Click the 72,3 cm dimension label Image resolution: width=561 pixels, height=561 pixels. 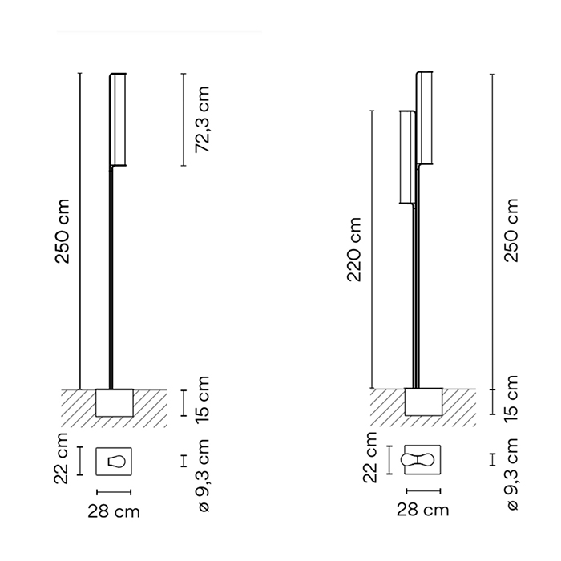pyautogui.click(x=203, y=119)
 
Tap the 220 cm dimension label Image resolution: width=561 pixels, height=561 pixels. pyautogui.click(x=354, y=249)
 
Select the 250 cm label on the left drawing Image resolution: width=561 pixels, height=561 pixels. pyautogui.click(x=62, y=232)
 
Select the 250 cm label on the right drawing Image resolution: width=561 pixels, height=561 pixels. pyautogui.click(x=511, y=230)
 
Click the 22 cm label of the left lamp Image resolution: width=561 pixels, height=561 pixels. pyautogui.click(x=61, y=458)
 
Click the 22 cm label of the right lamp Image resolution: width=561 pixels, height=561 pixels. pyautogui.click(x=370, y=458)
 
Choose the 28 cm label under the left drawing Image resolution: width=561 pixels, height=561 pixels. pyautogui.click(x=114, y=511)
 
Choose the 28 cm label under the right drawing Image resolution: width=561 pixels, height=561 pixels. pyautogui.click(x=423, y=510)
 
